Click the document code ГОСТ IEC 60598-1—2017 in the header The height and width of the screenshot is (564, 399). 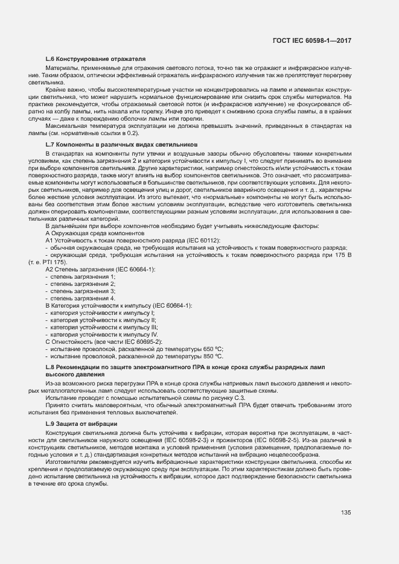coord(311,40)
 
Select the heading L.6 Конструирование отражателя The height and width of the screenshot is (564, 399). coord(96,59)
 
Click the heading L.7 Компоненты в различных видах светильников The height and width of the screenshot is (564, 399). coord(121,145)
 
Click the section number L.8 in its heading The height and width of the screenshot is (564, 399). coord(51,367)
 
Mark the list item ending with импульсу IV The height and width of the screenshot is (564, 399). coord(104,334)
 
